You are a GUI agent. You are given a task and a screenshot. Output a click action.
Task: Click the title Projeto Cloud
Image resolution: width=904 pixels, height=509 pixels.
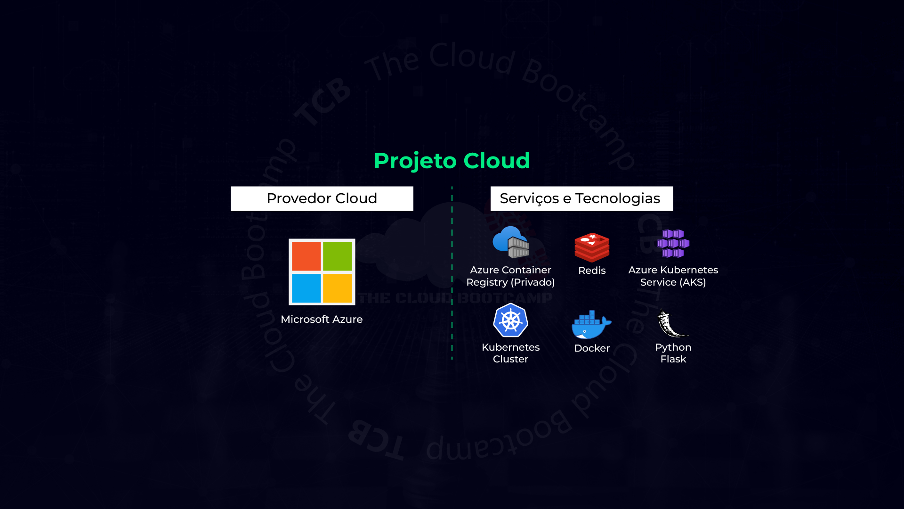pyautogui.click(x=452, y=161)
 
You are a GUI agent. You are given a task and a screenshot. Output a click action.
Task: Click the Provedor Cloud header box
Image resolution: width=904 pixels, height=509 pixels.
pyautogui.click(x=322, y=198)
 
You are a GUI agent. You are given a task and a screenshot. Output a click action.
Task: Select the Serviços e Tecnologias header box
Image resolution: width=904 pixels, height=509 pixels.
pyautogui.click(x=581, y=198)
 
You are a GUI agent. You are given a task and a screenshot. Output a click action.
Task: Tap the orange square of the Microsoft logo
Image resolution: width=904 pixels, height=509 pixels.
pyautogui.click(x=306, y=256)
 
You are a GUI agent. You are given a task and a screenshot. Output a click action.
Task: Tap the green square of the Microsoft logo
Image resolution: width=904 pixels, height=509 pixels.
pyautogui.click(x=338, y=256)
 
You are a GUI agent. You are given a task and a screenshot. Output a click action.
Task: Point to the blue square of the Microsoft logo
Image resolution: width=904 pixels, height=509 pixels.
pyautogui.click(x=306, y=288)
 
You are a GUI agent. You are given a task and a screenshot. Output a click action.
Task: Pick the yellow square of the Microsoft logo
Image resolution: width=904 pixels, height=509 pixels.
pyautogui.click(x=338, y=288)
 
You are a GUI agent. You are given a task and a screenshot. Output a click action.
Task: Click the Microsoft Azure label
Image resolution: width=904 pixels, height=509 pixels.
pyautogui.click(x=322, y=320)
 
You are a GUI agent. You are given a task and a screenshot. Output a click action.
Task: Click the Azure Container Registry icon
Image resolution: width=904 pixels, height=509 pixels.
pyautogui.click(x=511, y=242)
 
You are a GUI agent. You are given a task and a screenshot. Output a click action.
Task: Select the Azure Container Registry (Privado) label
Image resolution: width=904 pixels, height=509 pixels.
pyautogui.click(x=510, y=276)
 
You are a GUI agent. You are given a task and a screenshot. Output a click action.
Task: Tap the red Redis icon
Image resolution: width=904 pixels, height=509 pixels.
pyautogui.click(x=592, y=247)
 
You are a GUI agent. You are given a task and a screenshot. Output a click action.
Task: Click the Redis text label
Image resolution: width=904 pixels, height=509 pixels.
pyautogui.click(x=592, y=271)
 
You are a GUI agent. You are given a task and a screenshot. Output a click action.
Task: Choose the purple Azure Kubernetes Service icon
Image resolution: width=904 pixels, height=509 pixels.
pyautogui.click(x=673, y=243)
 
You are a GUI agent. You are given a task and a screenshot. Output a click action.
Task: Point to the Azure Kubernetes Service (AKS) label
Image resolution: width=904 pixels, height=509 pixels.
pyautogui.click(x=673, y=276)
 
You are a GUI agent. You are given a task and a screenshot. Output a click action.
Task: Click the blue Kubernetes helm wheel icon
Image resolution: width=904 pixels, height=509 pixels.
pyautogui.click(x=510, y=320)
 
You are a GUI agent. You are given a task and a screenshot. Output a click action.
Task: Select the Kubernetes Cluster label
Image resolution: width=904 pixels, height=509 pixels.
pyautogui.click(x=510, y=353)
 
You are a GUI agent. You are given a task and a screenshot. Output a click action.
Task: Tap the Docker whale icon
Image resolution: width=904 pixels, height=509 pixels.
pyautogui.click(x=591, y=325)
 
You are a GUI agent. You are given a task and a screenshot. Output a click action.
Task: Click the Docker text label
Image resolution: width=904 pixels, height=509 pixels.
pyautogui.click(x=592, y=348)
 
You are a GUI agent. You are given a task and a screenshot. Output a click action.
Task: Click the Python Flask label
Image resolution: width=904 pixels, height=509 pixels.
pyautogui.click(x=673, y=353)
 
